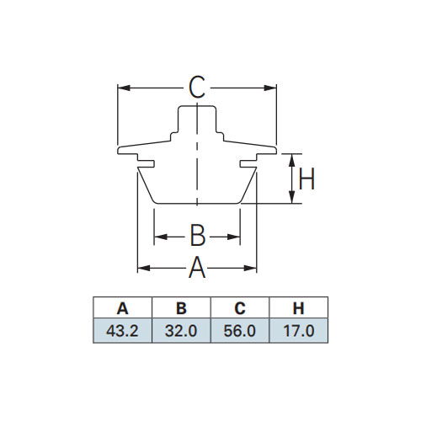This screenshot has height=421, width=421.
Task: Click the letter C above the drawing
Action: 197,88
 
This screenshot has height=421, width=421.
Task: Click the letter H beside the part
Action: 306,179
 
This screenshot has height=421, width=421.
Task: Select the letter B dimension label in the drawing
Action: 198,235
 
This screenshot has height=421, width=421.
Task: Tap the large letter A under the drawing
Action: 197,268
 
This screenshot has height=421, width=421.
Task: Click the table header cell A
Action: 122,308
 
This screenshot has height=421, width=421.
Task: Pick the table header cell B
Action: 181,308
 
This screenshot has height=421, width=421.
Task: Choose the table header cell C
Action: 240,308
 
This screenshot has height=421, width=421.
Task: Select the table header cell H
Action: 299,308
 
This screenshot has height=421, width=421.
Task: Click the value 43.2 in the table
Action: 122,331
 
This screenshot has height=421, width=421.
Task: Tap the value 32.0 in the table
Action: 181,331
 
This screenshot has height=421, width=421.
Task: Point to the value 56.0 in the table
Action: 240,331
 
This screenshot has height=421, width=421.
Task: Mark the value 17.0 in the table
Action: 299,331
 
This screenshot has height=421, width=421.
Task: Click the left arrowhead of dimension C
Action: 124,88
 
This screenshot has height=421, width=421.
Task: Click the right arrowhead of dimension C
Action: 270,88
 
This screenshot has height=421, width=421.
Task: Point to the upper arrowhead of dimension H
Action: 292,160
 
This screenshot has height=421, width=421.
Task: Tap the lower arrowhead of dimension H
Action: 292,197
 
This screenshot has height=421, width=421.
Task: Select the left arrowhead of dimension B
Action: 161,237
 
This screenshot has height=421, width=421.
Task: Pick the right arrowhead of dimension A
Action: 250,268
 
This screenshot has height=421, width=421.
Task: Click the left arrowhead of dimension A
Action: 144,268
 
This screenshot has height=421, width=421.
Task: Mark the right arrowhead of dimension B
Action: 233,237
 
